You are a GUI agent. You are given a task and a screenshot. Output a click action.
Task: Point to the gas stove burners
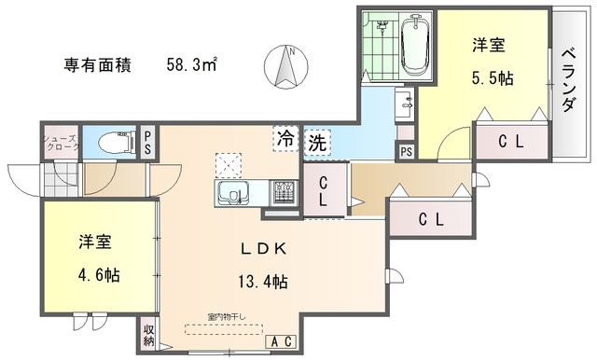click(x=284, y=193)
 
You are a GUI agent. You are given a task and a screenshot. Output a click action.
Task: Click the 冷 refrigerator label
click(x=284, y=140)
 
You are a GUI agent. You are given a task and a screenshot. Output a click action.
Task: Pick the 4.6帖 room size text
click(x=96, y=276)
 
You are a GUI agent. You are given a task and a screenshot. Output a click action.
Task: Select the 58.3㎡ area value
click(x=192, y=65)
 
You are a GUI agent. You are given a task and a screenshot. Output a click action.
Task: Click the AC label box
click(x=282, y=342)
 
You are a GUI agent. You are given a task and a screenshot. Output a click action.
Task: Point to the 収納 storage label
click(x=149, y=335)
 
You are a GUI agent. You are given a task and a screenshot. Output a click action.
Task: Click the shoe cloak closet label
click(x=59, y=143)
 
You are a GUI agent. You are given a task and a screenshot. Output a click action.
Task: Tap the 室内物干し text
click(x=227, y=316)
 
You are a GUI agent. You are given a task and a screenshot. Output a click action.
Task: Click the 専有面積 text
click(x=97, y=66)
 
